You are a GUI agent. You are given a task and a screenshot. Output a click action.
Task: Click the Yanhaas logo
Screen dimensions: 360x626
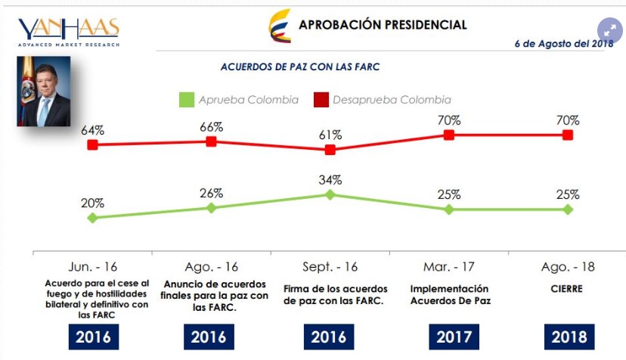point(69,31)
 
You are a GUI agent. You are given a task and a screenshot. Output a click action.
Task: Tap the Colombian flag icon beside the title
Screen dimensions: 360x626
point(280,26)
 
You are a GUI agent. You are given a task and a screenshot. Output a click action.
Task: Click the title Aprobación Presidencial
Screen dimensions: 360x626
point(383,24)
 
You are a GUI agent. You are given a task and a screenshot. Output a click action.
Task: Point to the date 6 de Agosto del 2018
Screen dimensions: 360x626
point(563,44)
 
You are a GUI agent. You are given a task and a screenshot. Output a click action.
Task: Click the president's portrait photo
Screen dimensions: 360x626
point(43,90)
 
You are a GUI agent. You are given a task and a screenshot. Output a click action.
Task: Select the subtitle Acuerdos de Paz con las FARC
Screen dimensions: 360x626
point(299,67)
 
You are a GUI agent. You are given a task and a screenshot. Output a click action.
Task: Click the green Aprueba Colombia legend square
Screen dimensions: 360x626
point(187,100)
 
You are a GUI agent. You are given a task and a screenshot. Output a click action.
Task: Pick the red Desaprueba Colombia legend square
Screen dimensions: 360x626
point(321,100)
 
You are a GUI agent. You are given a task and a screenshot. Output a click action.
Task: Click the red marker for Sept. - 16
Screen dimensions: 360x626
point(330,150)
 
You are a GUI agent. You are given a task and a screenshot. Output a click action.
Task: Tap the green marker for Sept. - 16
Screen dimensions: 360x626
point(330,194)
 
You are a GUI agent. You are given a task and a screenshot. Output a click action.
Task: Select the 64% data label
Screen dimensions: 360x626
point(92,129)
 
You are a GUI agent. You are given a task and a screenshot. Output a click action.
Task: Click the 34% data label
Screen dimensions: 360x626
point(330,180)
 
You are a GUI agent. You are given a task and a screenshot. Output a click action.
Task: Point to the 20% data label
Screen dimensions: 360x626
point(92,203)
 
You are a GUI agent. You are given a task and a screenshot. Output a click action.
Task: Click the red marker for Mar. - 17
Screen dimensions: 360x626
point(449,135)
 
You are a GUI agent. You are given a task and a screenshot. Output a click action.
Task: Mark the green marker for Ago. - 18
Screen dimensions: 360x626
point(568,209)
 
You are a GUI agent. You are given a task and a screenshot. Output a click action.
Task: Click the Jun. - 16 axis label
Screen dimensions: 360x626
point(92,267)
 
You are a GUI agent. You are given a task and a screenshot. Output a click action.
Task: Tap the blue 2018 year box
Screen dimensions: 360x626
point(568,337)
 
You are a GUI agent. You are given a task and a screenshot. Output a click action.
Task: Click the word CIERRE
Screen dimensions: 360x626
point(567,289)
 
